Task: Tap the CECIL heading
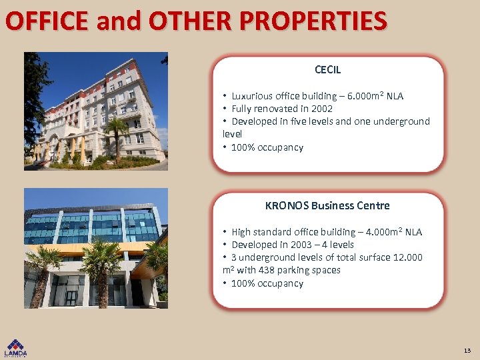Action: tap(327, 69)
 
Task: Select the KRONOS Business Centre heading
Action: tap(327, 205)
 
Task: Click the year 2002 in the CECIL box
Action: tap(321, 109)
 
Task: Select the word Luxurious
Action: tap(253, 96)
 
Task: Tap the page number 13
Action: tap(467, 350)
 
